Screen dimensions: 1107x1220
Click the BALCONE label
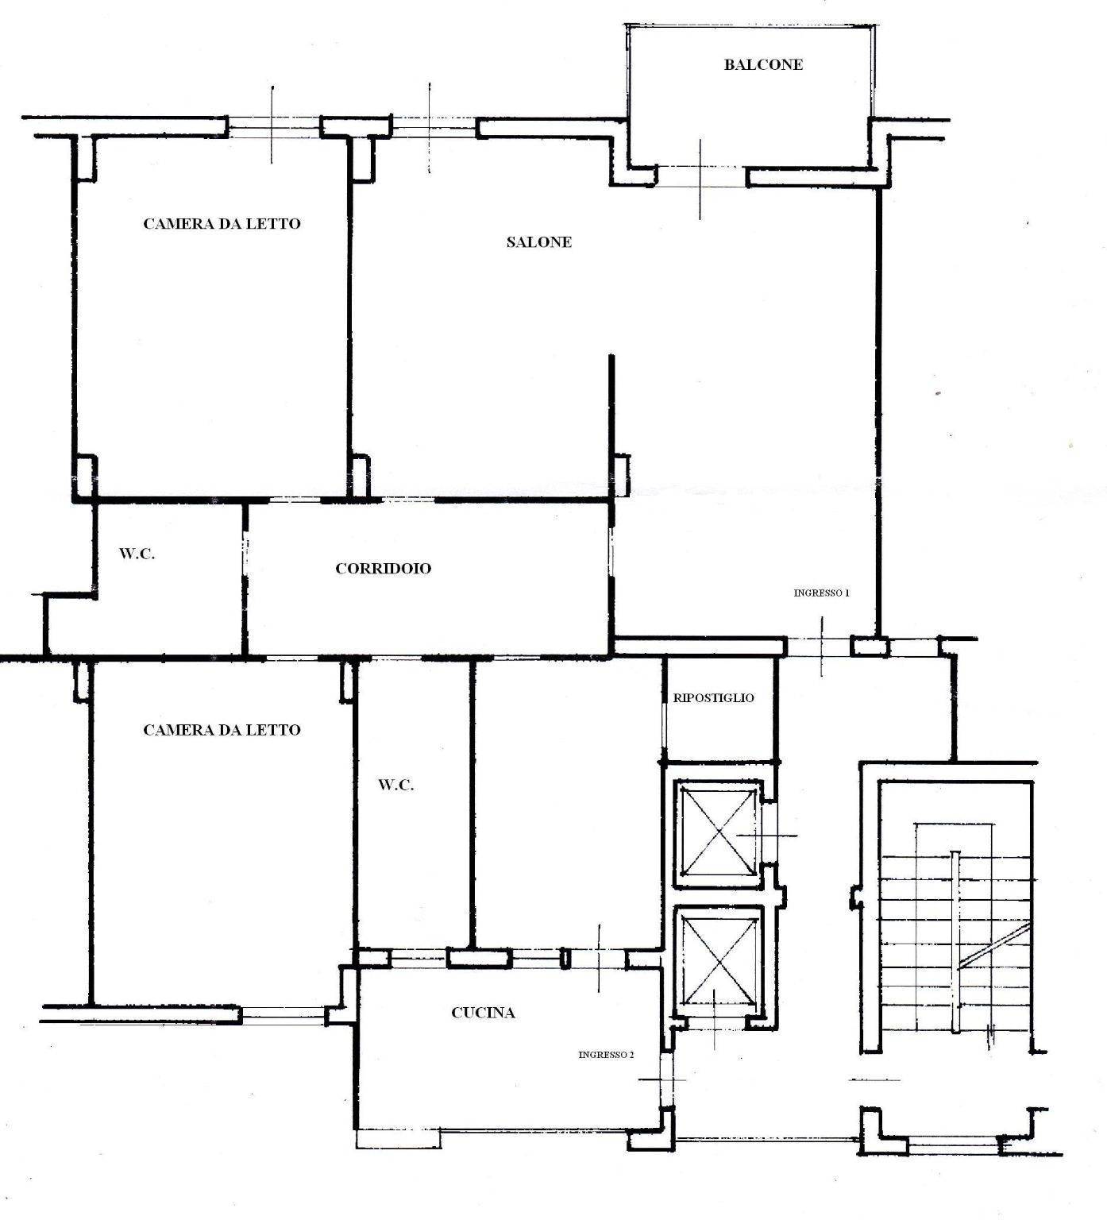(x=762, y=65)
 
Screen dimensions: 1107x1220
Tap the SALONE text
(x=538, y=242)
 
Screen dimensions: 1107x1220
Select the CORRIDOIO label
(x=383, y=569)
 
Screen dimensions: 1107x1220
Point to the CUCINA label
(x=483, y=1013)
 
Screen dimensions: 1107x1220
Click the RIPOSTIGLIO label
(x=713, y=698)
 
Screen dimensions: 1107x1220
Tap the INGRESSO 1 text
(x=822, y=593)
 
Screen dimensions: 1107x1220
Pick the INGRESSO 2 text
(x=606, y=1055)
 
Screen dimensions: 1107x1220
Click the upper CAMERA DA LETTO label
(x=222, y=224)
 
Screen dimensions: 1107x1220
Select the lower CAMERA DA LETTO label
(x=222, y=730)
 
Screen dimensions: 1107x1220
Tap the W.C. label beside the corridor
(x=137, y=554)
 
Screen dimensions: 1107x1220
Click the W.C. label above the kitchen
(x=395, y=786)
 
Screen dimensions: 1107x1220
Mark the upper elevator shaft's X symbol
(x=718, y=833)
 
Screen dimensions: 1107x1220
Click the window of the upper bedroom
(x=273, y=127)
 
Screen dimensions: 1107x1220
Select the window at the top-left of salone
(x=433, y=127)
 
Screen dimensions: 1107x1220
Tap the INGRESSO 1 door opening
(x=819, y=647)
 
